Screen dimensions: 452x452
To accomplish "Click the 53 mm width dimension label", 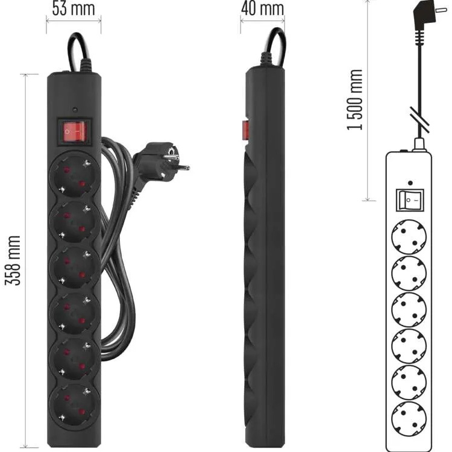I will (x=73, y=8).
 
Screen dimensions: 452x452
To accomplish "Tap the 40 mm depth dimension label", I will (x=262, y=8).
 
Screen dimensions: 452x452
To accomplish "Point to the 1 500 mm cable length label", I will (x=355, y=100).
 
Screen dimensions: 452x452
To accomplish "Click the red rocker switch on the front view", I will (x=74, y=131).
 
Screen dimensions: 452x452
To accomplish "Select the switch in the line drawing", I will (x=410, y=199).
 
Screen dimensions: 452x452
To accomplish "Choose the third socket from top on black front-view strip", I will (x=73, y=265).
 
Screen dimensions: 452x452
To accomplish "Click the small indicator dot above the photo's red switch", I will (x=74, y=110).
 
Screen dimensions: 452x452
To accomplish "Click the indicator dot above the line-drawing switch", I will (x=410, y=183).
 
